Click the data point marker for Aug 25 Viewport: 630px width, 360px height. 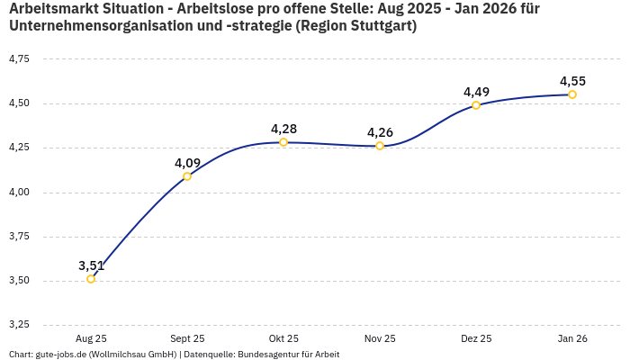(91, 279)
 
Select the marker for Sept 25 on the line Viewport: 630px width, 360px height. (187, 176)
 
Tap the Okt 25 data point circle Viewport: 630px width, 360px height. (283, 142)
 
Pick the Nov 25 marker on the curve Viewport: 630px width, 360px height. (380, 146)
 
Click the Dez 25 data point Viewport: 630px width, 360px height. (476, 105)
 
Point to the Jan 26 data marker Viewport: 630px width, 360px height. (572, 94)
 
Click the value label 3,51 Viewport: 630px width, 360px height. (91, 265)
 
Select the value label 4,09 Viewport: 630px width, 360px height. (187, 163)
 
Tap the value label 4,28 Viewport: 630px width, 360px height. (283, 129)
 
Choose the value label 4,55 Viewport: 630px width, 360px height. (572, 81)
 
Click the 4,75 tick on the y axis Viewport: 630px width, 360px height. (19, 58)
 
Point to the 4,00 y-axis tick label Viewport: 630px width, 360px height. (19, 192)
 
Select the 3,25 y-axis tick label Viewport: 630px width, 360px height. (19, 324)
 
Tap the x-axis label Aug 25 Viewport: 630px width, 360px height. (91, 338)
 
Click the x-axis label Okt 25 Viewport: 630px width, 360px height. (283, 338)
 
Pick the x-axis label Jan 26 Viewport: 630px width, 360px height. (572, 338)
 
